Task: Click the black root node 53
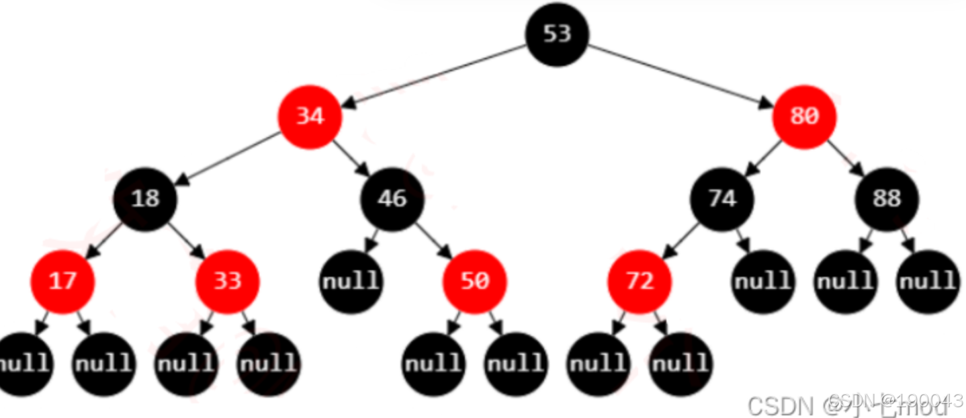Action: pos(557,34)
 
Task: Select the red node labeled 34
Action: pos(310,117)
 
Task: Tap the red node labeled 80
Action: pos(804,117)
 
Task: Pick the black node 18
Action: pos(146,199)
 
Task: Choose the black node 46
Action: pos(392,199)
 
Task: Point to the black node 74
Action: pos(722,199)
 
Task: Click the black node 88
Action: pos(887,199)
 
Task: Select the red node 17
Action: pos(63,281)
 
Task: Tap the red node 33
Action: pos(228,281)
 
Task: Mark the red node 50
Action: pos(475,281)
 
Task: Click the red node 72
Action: pos(640,281)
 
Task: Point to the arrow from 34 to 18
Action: pos(228,158)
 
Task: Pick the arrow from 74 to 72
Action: pos(680,240)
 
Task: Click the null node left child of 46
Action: pos(351,281)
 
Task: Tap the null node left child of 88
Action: pos(846,281)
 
